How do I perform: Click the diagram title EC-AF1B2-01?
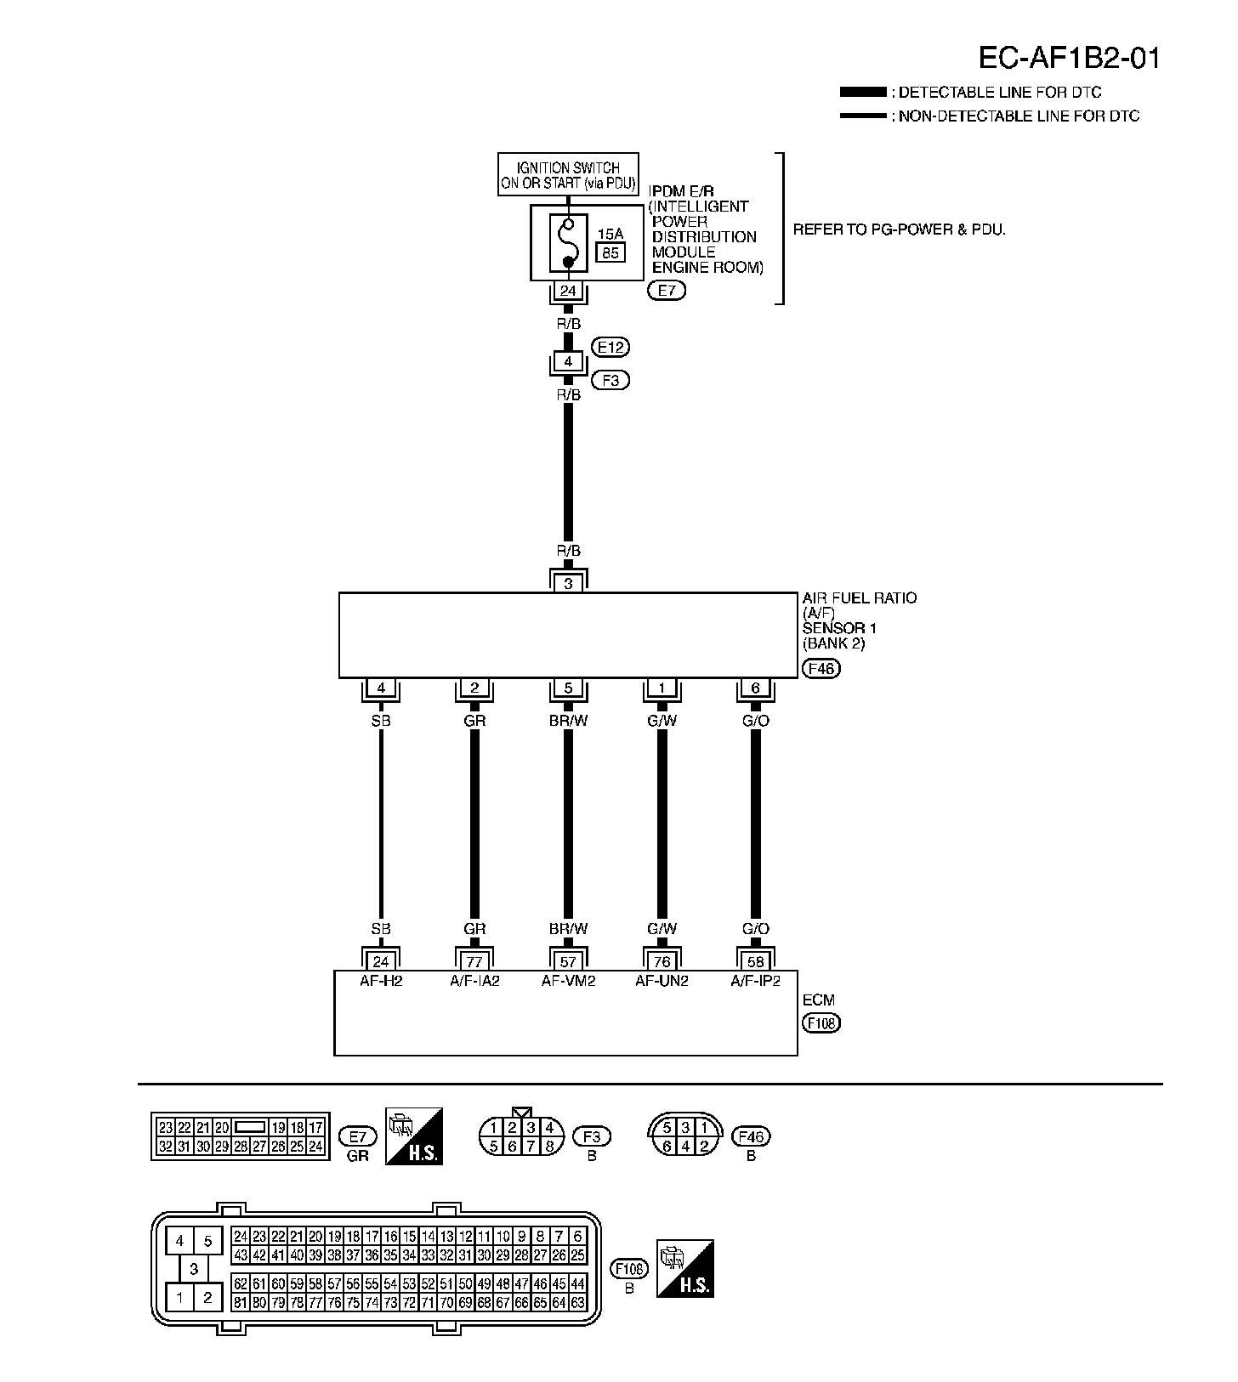click(1068, 58)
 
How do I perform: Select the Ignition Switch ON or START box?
click(568, 175)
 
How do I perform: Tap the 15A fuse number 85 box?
click(610, 252)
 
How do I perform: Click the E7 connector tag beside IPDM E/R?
click(666, 291)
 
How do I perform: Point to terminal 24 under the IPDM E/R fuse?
click(568, 292)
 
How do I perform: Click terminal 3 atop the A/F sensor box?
click(568, 584)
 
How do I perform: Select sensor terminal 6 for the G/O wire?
click(755, 688)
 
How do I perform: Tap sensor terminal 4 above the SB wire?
click(381, 688)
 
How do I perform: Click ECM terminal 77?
click(474, 961)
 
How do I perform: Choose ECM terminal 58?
click(755, 961)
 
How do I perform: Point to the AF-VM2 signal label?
click(568, 981)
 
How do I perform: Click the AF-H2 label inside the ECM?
click(381, 981)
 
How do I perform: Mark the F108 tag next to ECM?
click(821, 1022)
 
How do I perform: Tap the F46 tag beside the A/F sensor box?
click(821, 668)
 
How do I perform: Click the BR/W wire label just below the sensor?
click(568, 721)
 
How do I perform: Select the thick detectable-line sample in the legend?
click(862, 92)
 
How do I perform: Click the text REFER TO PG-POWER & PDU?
click(899, 229)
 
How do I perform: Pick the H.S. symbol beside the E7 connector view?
click(414, 1136)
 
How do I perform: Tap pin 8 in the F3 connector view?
click(550, 1147)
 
